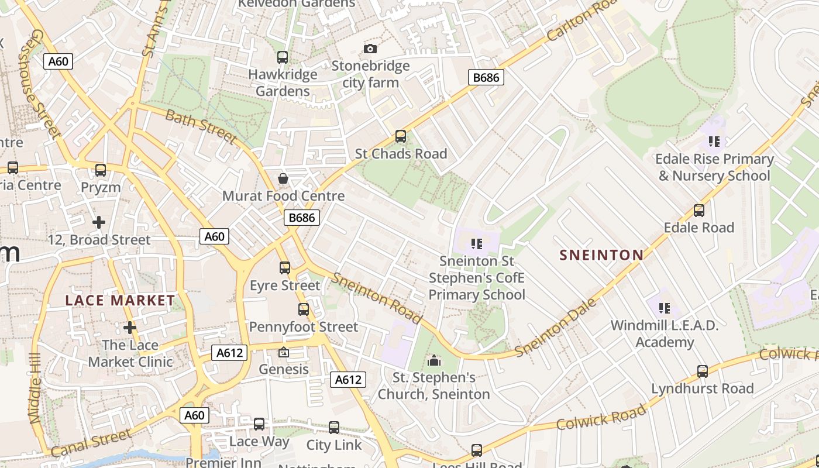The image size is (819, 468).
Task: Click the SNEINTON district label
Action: click(601, 255)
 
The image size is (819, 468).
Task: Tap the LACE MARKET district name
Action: click(120, 301)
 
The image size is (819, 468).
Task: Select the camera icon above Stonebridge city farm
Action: click(370, 49)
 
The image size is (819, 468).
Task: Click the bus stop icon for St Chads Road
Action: click(401, 136)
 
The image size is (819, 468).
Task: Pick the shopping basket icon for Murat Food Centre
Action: click(283, 178)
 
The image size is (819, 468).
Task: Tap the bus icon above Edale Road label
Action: click(698, 211)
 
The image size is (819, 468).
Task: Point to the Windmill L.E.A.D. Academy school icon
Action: click(664, 308)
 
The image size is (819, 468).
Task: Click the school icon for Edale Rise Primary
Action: click(714, 142)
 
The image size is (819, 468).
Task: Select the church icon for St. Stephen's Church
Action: click(433, 360)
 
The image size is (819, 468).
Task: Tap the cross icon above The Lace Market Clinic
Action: click(130, 328)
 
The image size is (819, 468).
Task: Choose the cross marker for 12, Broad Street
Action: click(99, 222)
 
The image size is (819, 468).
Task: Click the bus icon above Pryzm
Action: click(101, 170)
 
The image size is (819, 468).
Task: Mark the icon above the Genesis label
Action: click(284, 352)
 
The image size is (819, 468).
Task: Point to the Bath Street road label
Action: click(201, 126)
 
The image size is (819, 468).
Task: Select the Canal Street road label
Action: click(91, 443)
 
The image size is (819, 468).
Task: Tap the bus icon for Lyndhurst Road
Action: click(702, 371)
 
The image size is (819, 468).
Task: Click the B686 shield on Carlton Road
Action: click(486, 77)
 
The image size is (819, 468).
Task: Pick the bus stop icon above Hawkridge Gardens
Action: click(283, 57)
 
